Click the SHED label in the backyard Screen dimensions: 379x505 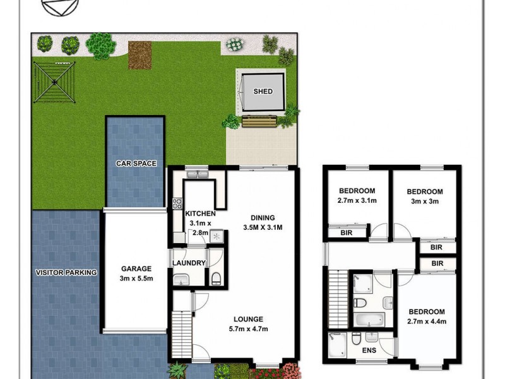pyautogui.click(x=263, y=92)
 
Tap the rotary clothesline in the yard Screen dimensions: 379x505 pyautogui.click(x=55, y=83)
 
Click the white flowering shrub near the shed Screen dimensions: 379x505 pyautogui.click(x=235, y=45)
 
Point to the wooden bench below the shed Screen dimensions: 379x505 pyautogui.click(x=259, y=121)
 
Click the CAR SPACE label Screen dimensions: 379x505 pyautogui.click(x=135, y=164)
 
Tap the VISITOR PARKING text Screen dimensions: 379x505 pyautogui.click(x=66, y=273)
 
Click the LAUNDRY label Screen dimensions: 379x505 pyautogui.click(x=189, y=263)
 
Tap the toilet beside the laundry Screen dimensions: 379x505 pyautogui.click(x=216, y=278)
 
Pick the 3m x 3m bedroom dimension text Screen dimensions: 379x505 pyautogui.click(x=424, y=202)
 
